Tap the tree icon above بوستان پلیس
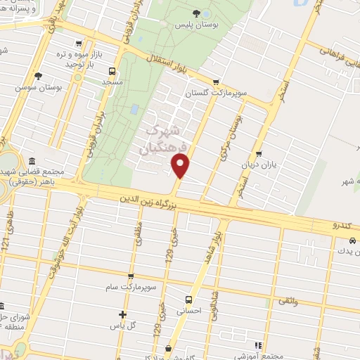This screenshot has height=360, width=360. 195,13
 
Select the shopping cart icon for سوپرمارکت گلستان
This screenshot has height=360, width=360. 216,82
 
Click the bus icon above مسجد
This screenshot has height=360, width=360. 112,70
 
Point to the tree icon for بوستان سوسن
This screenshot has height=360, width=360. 38,76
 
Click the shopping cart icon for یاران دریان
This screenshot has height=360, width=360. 259,154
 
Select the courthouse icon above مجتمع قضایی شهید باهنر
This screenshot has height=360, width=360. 34,160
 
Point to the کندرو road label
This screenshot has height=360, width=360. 345,226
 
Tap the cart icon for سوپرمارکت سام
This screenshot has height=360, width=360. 129,277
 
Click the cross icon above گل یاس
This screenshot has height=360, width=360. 123,314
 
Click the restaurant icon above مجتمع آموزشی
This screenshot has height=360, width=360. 258,345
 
